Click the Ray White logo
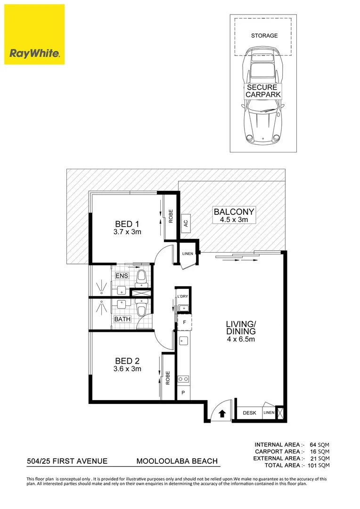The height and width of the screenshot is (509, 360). point(34,34)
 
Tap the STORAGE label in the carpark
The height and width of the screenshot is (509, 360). point(264,35)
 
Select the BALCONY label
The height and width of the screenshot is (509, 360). point(234,212)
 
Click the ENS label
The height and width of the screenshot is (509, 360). point(120,276)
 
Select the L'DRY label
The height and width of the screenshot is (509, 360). point(183,296)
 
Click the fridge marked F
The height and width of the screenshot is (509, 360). point(184,323)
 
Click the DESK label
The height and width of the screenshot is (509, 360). point(249,413)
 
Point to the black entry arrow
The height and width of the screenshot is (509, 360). point(221,414)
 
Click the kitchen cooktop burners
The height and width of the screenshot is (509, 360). point(183,378)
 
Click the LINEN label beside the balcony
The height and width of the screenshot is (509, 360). point(187,254)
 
